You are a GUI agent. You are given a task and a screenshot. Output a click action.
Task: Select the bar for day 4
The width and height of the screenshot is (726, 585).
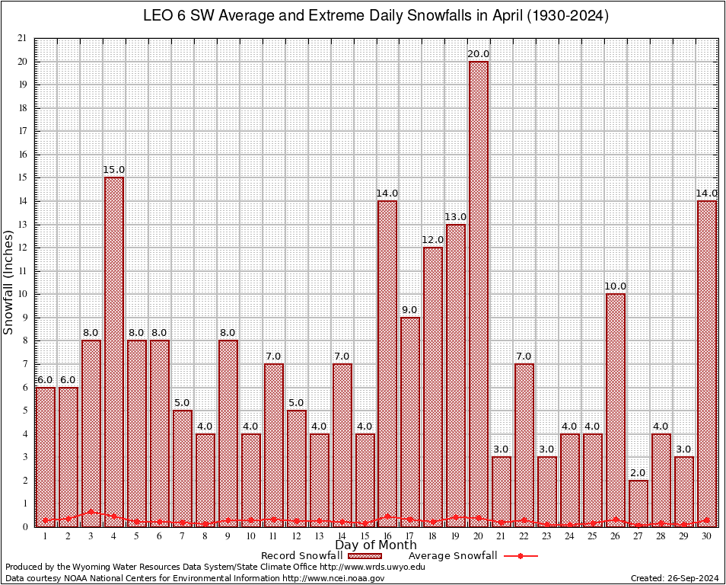114,351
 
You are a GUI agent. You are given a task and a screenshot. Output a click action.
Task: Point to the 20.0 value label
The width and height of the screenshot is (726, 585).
479,54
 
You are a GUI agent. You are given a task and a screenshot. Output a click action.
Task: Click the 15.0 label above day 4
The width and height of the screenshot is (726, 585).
114,170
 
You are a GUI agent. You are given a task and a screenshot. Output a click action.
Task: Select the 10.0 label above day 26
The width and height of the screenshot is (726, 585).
616,286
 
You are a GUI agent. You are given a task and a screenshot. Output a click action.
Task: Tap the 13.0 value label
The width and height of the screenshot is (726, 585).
456,217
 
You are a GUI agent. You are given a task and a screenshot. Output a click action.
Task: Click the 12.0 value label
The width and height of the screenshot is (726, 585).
433,240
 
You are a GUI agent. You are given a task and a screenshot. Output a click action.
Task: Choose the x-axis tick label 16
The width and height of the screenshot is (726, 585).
387,536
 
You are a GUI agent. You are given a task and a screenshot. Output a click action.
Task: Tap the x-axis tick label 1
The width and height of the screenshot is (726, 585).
46,536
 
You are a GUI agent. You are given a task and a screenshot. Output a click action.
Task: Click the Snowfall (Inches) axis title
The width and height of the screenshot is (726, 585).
9,283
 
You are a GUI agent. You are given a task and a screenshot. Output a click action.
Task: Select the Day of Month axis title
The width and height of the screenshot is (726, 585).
375,545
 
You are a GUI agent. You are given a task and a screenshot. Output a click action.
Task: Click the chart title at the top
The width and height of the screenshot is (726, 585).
376,15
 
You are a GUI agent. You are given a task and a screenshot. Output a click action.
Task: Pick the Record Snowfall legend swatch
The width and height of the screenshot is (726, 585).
368,556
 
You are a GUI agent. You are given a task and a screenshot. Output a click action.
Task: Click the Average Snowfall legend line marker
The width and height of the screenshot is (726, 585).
520,556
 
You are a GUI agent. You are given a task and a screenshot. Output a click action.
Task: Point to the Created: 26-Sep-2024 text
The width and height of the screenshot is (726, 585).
675,578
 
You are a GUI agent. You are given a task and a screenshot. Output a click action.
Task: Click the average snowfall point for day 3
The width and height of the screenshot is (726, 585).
91,513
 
